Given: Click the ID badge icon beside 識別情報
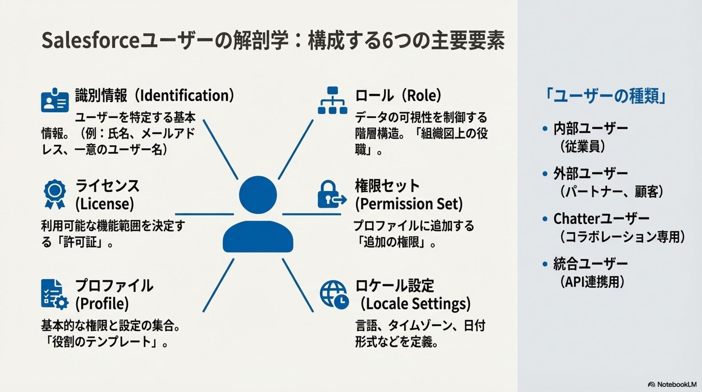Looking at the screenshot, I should (x=55, y=100).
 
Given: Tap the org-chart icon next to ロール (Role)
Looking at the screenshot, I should (x=332, y=100).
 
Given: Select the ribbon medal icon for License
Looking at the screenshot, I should (x=55, y=194).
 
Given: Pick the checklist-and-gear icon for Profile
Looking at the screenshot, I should (x=54, y=294).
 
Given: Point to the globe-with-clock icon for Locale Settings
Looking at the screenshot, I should (x=333, y=294).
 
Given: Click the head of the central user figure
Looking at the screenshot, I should (x=258, y=195).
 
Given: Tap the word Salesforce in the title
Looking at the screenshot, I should (x=91, y=40).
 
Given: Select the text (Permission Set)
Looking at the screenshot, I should (x=409, y=204).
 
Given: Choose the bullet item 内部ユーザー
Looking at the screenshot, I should (x=590, y=129).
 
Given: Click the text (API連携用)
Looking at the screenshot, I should (x=592, y=282).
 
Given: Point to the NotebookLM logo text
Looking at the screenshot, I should (x=676, y=384).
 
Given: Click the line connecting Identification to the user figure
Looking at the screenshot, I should (x=220, y=149).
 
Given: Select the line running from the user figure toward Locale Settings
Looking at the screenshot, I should (x=298, y=285).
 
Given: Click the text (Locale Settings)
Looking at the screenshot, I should (x=415, y=304).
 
